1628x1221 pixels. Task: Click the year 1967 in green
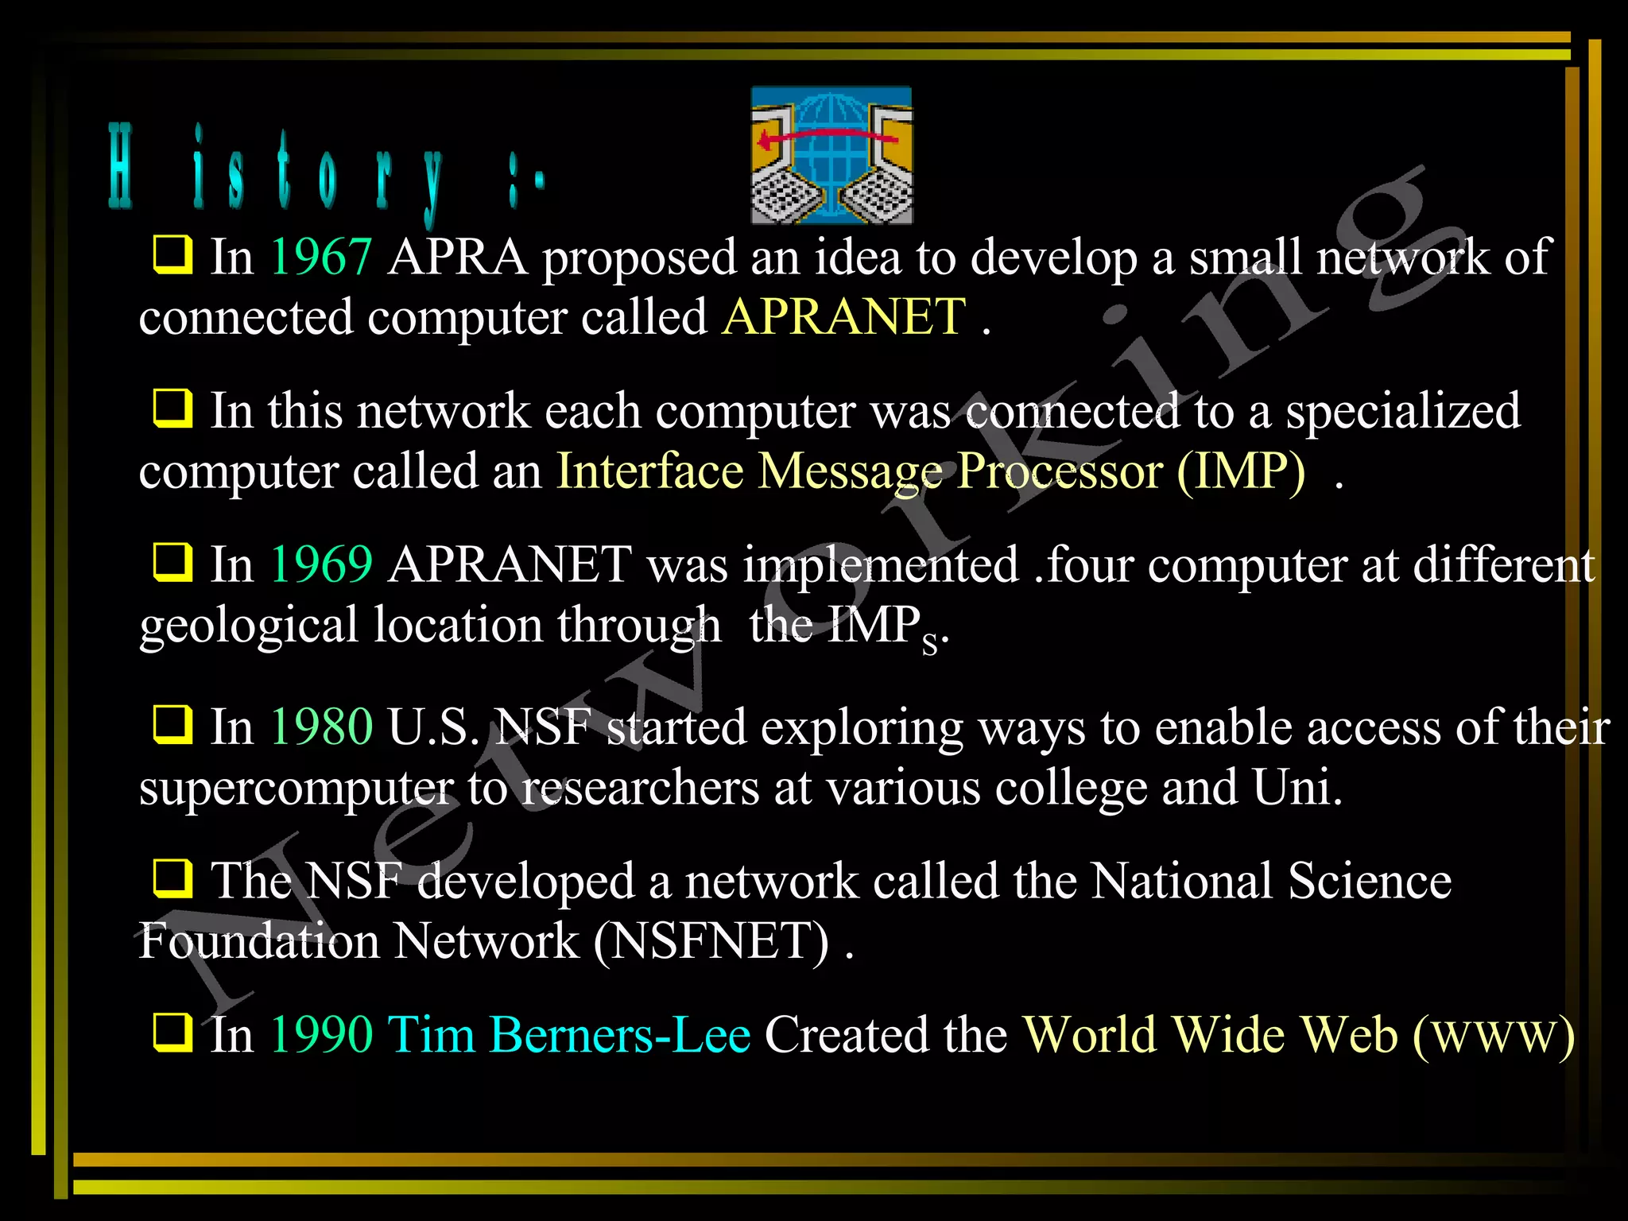(321, 258)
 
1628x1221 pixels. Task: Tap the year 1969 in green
(321, 565)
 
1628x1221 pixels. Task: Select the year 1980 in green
(321, 727)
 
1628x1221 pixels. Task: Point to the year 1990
(321, 1035)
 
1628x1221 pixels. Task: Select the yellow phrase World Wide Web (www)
(1298, 1035)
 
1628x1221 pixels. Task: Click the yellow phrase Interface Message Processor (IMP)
(930, 471)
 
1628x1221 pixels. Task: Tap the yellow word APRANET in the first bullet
(843, 317)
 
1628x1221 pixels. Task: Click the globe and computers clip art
(831, 156)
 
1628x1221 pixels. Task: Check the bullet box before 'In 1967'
(172, 255)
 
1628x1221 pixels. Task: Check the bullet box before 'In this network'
(172, 409)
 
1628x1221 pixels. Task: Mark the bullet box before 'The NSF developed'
(172, 878)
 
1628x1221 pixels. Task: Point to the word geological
(249, 626)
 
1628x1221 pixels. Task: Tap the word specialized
(1403, 412)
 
